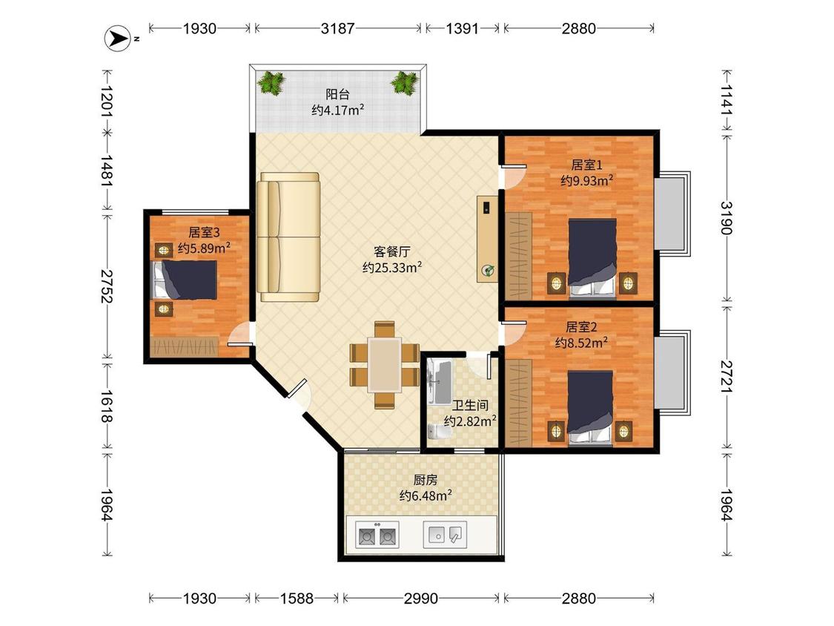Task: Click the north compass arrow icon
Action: (x=117, y=39)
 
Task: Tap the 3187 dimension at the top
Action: (x=337, y=28)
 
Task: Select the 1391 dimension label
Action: (x=462, y=28)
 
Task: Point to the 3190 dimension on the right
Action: (x=726, y=218)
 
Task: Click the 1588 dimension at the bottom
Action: (x=297, y=599)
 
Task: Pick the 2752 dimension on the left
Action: (x=107, y=286)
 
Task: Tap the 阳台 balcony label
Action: (x=338, y=95)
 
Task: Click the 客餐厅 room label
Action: (x=392, y=251)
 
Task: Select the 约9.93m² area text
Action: (x=586, y=180)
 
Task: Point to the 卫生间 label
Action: (x=470, y=406)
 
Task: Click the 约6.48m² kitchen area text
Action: (x=426, y=495)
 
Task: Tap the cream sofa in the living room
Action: (x=288, y=237)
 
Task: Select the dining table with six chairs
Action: (x=385, y=365)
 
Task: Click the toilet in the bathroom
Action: (x=440, y=431)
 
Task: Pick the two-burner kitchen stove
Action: (x=377, y=535)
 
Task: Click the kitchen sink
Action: (x=446, y=535)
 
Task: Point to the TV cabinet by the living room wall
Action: (x=487, y=239)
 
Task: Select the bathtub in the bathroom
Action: (x=440, y=382)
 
